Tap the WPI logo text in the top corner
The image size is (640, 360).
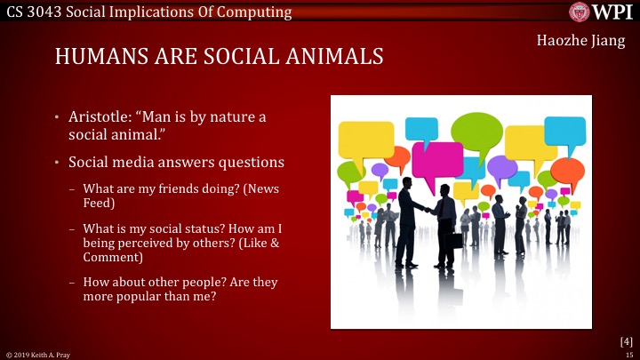pyautogui.click(x=613, y=12)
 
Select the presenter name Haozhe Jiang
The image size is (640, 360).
pyautogui.click(x=581, y=40)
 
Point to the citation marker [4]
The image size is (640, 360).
pyautogui.click(x=626, y=341)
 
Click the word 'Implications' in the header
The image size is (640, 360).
pyautogui.click(x=178, y=12)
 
